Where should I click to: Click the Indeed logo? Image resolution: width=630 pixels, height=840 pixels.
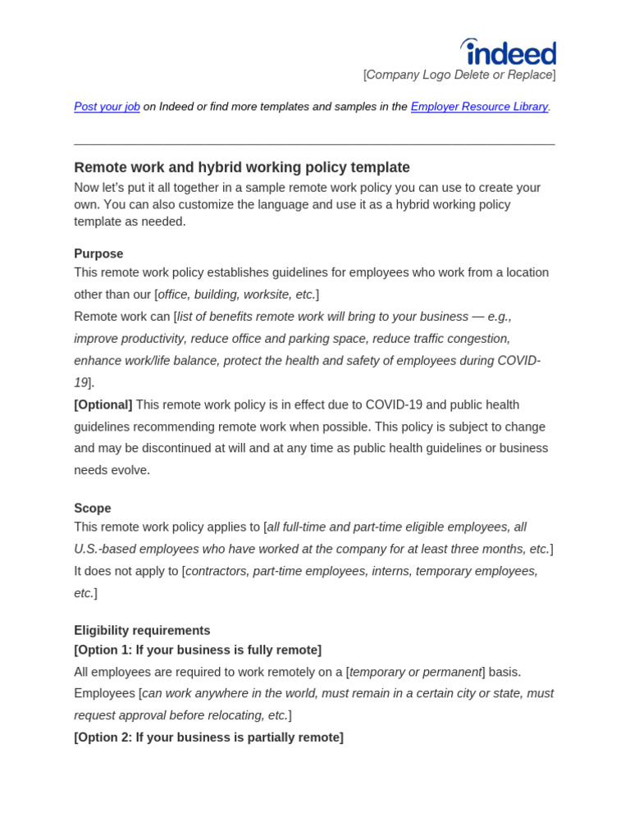509,52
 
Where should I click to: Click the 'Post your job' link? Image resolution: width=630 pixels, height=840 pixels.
107,107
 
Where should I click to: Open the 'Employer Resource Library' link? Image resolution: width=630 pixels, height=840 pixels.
479,107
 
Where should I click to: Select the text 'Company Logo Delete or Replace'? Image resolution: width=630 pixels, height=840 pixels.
459,75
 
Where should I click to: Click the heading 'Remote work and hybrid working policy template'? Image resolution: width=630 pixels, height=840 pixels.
241,167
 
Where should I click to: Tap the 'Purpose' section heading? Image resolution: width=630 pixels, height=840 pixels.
98,253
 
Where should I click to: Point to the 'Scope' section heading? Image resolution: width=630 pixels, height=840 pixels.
93,508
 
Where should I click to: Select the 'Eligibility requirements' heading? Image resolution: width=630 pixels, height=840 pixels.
142,630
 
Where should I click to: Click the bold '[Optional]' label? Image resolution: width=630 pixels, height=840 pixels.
103,404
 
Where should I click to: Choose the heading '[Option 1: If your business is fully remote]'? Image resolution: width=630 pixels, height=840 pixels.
198,650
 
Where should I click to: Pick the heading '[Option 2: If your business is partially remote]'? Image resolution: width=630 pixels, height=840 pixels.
208,737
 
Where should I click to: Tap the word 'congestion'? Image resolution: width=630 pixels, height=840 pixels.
477,339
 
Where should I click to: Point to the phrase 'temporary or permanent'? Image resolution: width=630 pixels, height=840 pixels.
415,672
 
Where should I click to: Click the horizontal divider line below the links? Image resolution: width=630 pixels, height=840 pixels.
314,145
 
